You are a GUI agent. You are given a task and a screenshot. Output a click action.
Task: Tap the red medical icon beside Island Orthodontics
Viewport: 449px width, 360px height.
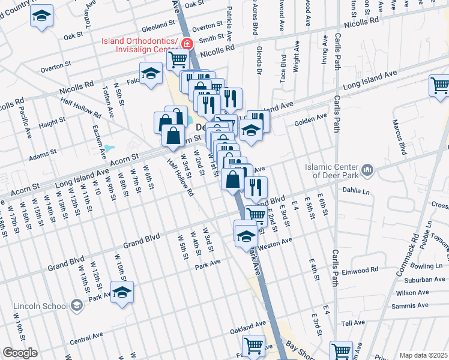[187, 44]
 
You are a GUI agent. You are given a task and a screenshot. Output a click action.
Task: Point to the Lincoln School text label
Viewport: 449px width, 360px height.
[40, 306]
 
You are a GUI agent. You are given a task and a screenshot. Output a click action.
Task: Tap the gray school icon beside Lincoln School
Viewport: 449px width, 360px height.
[76, 306]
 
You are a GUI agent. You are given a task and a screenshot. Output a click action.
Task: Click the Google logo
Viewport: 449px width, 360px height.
[20, 353]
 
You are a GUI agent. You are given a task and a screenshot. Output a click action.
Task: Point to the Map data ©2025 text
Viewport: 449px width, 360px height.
[423, 355]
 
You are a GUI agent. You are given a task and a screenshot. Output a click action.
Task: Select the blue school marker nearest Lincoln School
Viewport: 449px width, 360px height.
[122, 292]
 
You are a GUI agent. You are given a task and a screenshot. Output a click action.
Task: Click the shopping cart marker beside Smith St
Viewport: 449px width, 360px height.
[178, 59]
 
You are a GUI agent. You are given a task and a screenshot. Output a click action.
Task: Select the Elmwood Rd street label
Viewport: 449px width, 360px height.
[360, 271]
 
